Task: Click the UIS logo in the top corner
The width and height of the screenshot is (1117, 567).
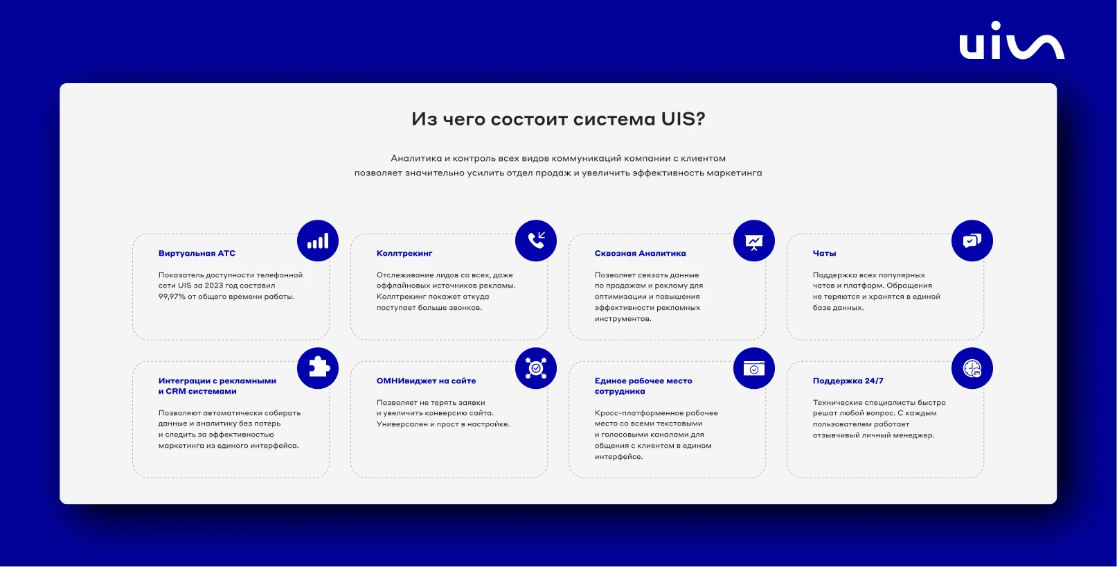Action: pos(1012,40)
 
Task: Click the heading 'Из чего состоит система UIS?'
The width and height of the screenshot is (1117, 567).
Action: pos(558,119)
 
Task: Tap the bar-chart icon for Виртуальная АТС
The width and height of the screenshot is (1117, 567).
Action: pos(318,241)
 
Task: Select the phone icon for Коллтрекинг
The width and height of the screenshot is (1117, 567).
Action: pos(536,241)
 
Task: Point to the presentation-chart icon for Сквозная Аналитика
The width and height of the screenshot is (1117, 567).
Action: pos(754,241)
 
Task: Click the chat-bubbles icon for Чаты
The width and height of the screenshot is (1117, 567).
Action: pos(972,241)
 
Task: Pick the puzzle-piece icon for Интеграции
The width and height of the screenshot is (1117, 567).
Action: pos(318,368)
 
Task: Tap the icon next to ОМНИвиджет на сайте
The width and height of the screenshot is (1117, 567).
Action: pos(536,368)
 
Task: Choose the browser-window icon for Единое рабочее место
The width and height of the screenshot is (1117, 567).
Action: pos(754,368)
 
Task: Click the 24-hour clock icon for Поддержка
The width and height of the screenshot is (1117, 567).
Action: pos(972,368)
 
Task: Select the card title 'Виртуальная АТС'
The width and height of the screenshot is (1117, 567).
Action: pos(197,253)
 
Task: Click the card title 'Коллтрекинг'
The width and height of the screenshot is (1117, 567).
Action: pos(404,253)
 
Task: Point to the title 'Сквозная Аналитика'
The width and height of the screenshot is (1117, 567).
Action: pos(641,253)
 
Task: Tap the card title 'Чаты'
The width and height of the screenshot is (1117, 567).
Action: pos(824,253)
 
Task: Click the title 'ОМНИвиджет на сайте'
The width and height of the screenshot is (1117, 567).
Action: pos(427,381)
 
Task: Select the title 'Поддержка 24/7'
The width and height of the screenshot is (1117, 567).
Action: pos(848,381)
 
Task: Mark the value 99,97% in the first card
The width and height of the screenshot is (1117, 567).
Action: pos(172,297)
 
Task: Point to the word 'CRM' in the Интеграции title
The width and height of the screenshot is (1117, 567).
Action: pos(176,392)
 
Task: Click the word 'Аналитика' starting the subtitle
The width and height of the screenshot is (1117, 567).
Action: pos(416,158)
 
